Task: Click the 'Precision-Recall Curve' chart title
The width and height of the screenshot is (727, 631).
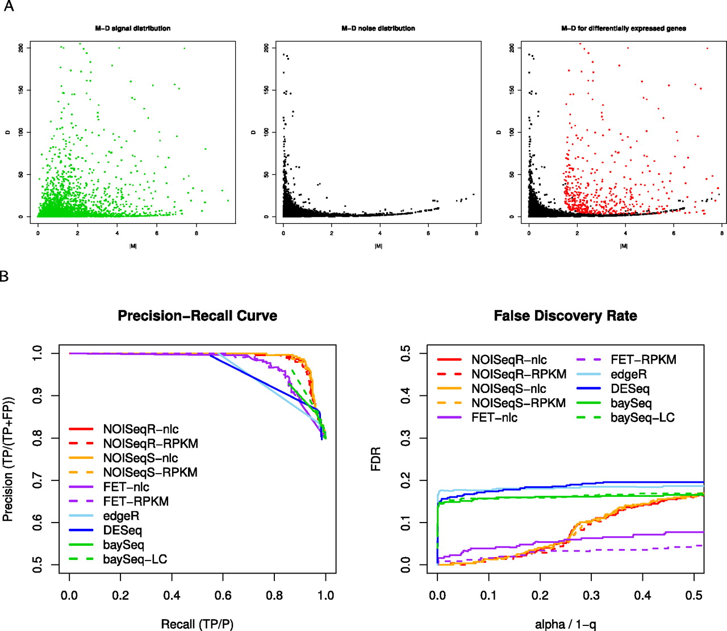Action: click(x=197, y=316)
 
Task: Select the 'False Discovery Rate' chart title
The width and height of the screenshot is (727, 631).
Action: click(x=565, y=316)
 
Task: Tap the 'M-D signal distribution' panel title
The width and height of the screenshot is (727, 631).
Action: click(x=132, y=28)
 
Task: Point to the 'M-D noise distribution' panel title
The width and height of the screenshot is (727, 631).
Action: click(x=378, y=28)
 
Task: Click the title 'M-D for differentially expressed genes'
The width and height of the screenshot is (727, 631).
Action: click(x=623, y=28)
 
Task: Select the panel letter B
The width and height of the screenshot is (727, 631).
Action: click(x=5, y=277)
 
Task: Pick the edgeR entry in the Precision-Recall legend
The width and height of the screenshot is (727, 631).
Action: click(x=121, y=516)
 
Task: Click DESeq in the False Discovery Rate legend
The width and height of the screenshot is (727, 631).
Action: click(x=630, y=389)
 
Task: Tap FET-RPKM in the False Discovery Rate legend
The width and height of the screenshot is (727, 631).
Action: click(x=644, y=360)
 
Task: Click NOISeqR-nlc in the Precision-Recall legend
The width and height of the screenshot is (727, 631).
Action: click(x=141, y=429)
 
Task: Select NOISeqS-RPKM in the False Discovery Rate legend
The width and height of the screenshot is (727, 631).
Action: click(x=519, y=403)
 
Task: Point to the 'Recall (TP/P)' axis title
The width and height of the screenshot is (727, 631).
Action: click(x=197, y=624)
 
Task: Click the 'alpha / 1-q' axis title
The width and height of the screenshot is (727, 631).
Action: click(x=565, y=624)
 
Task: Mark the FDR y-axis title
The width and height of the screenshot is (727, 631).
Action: click(x=375, y=459)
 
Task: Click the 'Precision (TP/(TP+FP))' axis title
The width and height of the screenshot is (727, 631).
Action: click(x=8, y=459)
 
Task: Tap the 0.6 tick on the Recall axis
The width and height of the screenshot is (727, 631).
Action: click(x=223, y=595)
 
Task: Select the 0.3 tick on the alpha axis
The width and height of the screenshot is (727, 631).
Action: click(x=591, y=595)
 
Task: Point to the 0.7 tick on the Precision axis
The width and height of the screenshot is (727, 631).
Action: click(x=37, y=480)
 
